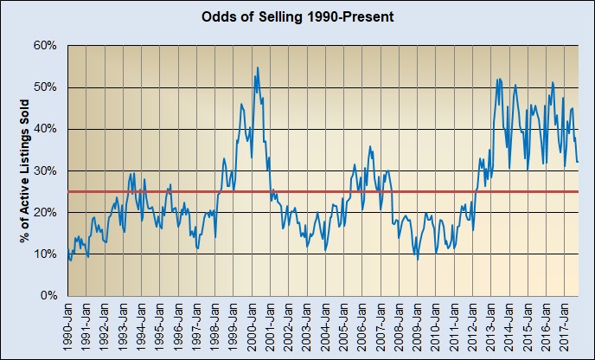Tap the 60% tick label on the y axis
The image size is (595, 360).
click(45, 45)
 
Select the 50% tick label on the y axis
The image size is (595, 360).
click(45, 87)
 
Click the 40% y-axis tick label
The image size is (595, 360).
click(45, 128)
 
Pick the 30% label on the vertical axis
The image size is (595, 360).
click(45, 170)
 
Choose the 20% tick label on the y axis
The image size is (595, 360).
click(45, 212)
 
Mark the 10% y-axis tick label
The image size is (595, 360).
click(45, 254)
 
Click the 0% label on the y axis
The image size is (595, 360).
click(48, 296)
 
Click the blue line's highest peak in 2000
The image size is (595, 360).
click(257, 67)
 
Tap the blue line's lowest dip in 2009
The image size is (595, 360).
click(419, 259)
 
